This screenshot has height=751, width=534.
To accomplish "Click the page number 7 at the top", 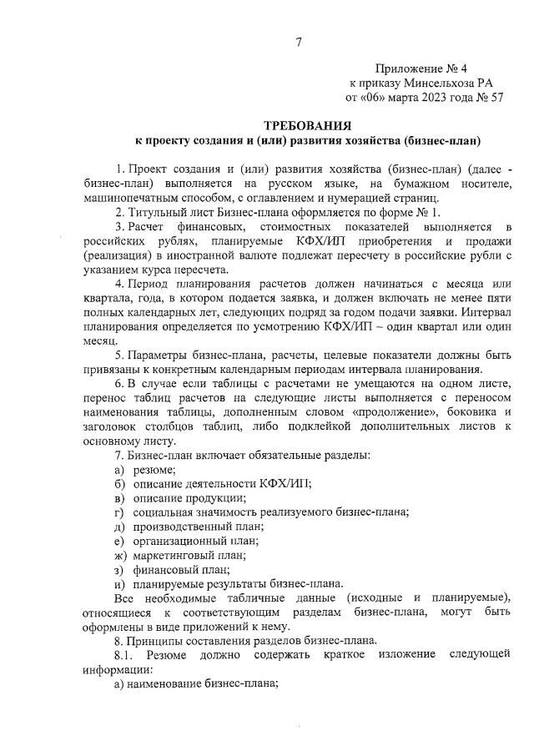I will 298,43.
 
